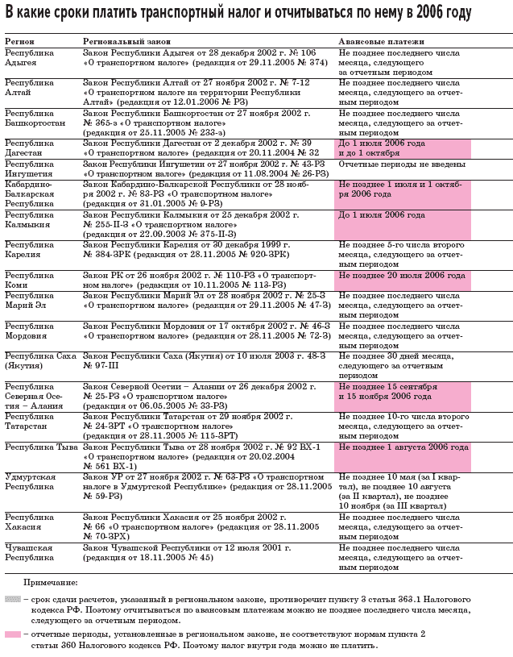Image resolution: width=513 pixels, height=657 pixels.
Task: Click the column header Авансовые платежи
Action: coord(377,40)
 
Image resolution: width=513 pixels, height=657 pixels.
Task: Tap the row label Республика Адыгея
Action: coord(30,56)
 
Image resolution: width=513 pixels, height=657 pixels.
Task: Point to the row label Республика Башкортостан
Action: coord(35,119)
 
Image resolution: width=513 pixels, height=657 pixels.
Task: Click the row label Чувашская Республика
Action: coord(31,552)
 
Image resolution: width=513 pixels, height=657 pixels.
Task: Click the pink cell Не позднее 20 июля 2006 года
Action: coord(402,276)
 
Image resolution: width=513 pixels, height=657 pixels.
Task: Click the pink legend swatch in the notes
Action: coord(12,634)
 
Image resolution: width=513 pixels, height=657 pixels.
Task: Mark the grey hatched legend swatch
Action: coord(12,600)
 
